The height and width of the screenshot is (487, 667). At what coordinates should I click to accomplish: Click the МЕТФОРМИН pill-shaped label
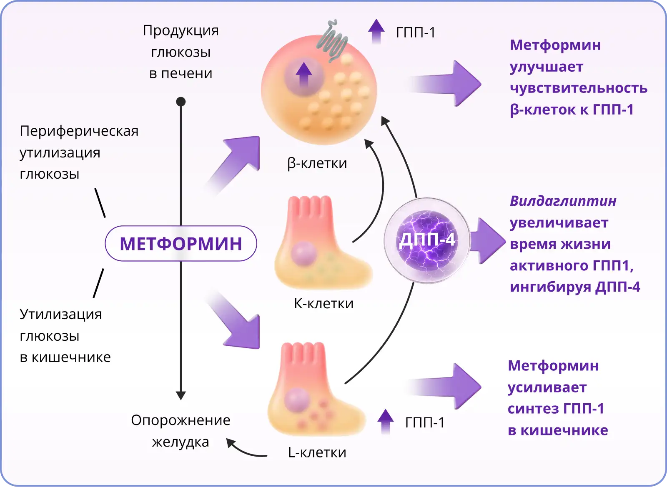pyautogui.click(x=181, y=244)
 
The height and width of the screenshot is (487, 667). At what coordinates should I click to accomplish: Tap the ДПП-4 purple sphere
pyautogui.click(x=427, y=240)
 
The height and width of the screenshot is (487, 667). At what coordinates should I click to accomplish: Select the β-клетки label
pyautogui.click(x=317, y=163)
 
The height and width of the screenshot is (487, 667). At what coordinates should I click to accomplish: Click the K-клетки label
pyautogui.click(x=323, y=303)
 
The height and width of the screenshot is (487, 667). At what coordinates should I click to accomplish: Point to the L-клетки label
pyautogui.click(x=317, y=452)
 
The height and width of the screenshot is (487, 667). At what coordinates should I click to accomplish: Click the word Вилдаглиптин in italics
pyautogui.click(x=563, y=201)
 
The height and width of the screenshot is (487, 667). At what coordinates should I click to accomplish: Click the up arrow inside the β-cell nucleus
pyautogui.click(x=304, y=74)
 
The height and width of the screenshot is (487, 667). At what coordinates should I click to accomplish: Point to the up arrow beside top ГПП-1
pyautogui.click(x=376, y=31)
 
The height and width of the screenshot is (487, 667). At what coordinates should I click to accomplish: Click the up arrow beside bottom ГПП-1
pyautogui.click(x=386, y=421)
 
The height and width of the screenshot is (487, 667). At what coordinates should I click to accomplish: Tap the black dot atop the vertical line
pyautogui.click(x=181, y=102)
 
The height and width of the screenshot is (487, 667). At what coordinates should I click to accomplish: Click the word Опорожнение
pyautogui.click(x=181, y=420)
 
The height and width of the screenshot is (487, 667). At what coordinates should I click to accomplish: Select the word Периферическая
pyautogui.click(x=79, y=131)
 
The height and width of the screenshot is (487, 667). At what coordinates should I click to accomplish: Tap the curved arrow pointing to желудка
pyautogui.click(x=246, y=450)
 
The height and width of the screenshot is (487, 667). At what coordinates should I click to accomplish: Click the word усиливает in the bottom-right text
pyautogui.click(x=547, y=387)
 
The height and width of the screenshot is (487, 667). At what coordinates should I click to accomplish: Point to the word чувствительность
pyautogui.click(x=579, y=88)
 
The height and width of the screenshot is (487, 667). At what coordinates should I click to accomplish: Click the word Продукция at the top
pyautogui.click(x=181, y=30)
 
